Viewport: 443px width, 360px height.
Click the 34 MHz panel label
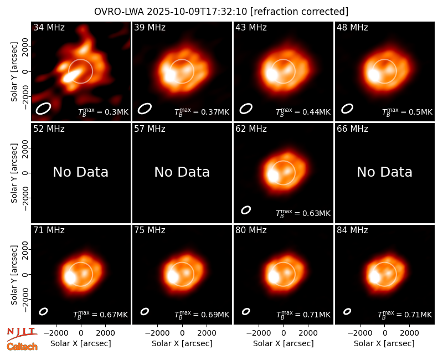click(x=49, y=27)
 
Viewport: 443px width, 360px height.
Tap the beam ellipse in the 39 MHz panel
click(x=145, y=109)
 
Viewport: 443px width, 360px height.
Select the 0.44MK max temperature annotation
click(x=303, y=112)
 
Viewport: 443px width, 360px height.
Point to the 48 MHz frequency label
click(x=352, y=27)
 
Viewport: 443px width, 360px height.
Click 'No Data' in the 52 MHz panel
click(x=80, y=172)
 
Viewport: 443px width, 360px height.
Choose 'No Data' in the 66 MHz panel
click(x=384, y=172)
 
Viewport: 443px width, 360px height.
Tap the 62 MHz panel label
click(x=251, y=129)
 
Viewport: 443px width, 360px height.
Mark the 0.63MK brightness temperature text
click(x=303, y=213)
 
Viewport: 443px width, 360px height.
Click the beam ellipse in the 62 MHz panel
click(x=246, y=210)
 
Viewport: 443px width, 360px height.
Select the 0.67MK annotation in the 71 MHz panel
click(x=101, y=315)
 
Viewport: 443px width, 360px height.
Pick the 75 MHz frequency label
click(x=150, y=230)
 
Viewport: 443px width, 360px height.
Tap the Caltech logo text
click(x=22, y=347)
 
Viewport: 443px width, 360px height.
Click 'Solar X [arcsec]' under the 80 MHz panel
click(x=284, y=343)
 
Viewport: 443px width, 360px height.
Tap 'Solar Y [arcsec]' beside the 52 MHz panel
click(x=14, y=173)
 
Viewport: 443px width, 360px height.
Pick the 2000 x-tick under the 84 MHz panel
click(x=409, y=333)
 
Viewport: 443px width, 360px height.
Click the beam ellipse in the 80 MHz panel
click(x=246, y=311)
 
